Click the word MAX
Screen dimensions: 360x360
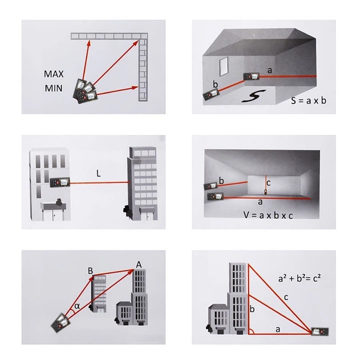(54, 74)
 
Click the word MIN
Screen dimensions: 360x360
(54, 88)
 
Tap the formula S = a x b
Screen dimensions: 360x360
(309, 101)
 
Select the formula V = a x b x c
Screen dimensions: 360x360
(268, 215)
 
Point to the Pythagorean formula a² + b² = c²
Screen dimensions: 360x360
(299, 278)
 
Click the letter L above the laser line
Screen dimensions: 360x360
(98, 173)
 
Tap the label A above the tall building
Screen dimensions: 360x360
(139, 265)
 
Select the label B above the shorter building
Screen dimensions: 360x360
(90, 271)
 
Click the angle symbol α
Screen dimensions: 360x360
(77, 306)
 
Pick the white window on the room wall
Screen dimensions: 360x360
(223, 66)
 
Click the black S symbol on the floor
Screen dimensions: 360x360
(254, 96)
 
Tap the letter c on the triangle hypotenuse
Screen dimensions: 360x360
(286, 298)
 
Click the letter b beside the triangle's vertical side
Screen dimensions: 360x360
(252, 309)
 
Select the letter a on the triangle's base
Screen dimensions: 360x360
(278, 330)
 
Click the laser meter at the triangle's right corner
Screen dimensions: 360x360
(319, 331)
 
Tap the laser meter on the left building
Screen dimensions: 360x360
(60, 182)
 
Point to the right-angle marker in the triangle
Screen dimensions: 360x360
(252, 331)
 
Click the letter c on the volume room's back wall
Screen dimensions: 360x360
(269, 183)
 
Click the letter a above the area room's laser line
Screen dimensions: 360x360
(270, 70)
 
